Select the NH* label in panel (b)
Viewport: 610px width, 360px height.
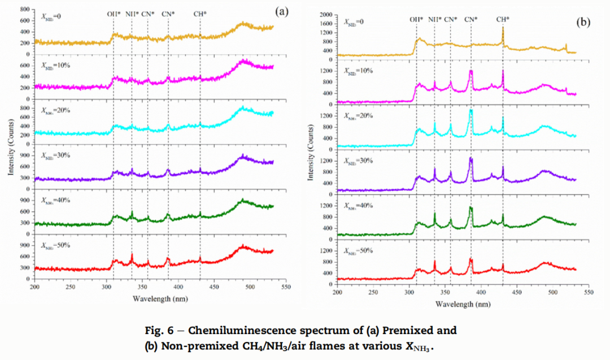[x=435, y=19]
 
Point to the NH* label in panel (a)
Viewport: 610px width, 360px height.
[x=132, y=14]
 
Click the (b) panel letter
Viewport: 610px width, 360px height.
[x=582, y=23]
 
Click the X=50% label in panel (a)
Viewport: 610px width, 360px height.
[x=57, y=246]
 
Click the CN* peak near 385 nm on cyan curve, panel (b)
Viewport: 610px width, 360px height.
[x=471, y=110]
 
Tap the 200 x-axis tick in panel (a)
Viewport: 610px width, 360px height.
[x=35, y=288]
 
